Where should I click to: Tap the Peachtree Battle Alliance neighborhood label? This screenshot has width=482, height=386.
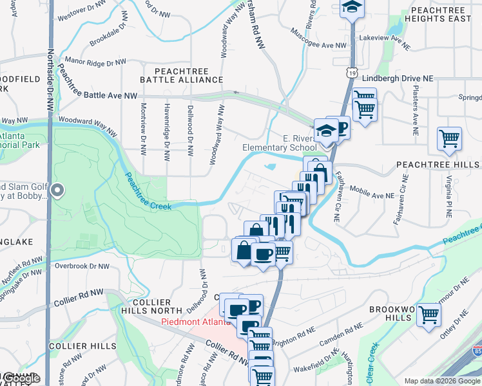click(x=182, y=74)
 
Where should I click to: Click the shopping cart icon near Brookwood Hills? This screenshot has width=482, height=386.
click(x=429, y=315)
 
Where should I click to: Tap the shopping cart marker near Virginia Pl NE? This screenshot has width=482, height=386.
click(x=449, y=138)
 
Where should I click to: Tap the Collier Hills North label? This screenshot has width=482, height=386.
click(x=151, y=306)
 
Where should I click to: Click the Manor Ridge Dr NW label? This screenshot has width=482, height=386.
click(x=100, y=64)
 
